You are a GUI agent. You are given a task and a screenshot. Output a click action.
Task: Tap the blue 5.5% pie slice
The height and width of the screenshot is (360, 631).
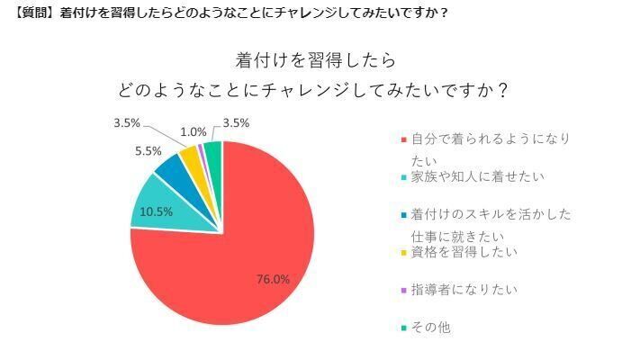pyautogui.click(x=171, y=166)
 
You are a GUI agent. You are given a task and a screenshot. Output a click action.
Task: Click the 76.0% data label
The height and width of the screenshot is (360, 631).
pyautogui.click(x=272, y=279)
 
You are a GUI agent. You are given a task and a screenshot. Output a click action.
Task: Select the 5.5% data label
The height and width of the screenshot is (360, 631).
pyautogui.click(x=149, y=151)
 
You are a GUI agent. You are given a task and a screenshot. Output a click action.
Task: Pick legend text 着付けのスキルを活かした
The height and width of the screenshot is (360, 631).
pyautogui.click(x=491, y=214)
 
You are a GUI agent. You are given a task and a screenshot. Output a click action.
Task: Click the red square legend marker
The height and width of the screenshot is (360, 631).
pyautogui.click(x=402, y=139)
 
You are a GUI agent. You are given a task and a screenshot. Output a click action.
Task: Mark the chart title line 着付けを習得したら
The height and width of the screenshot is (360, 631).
pyautogui.click(x=315, y=61)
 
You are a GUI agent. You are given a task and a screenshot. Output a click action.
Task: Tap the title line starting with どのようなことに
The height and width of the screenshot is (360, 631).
pyautogui.click(x=315, y=91)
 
